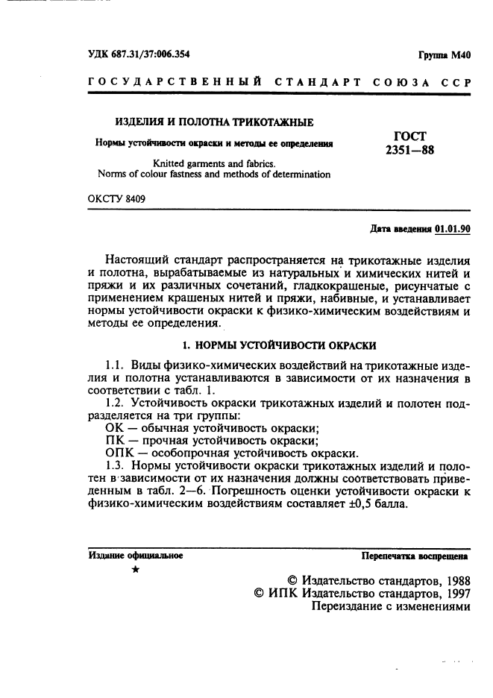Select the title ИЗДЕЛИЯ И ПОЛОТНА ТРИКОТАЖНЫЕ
pyautogui.click(x=213, y=122)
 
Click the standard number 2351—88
pyautogui.click(x=409, y=149)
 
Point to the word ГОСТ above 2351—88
pyautogui.click(x=409, y=136)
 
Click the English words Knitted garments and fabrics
pyautogui.click(x=214, y=163)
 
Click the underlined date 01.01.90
pyautogui.click(x=453, y=229)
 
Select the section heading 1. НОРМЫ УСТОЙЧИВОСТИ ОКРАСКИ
pyautogui.click(x=280, y=345)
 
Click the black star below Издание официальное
pyautogui.click(x=135, y=570)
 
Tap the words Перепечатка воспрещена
pyautogui.click(x=415, y=556)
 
